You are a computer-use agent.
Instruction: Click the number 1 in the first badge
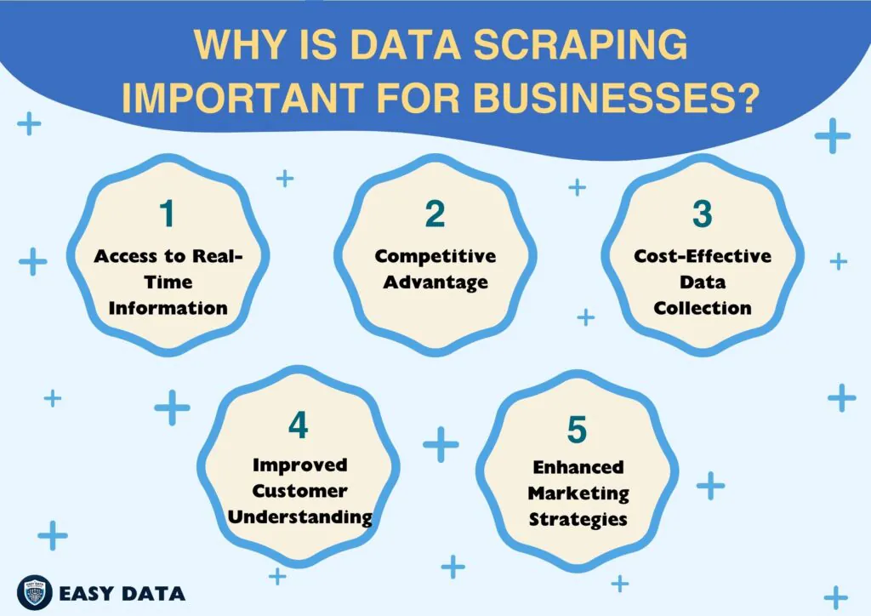(167, 214)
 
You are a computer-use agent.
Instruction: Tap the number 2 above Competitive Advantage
(435, 214)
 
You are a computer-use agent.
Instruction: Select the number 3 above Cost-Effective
(702, 214)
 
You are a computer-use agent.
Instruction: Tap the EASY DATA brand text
(122, 592)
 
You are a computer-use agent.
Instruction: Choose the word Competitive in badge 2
(435, 256)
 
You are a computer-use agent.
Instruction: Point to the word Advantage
(435, 282)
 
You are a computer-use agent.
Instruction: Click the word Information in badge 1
(168, 307)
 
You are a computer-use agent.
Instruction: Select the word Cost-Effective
(703, 256)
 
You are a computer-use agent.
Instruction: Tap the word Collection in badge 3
(703, 307)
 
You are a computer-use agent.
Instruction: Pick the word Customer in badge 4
(299, 491)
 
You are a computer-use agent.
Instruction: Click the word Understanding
(299, 516)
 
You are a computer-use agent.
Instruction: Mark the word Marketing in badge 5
(578, 493)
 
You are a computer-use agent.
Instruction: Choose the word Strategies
(578, 518)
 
